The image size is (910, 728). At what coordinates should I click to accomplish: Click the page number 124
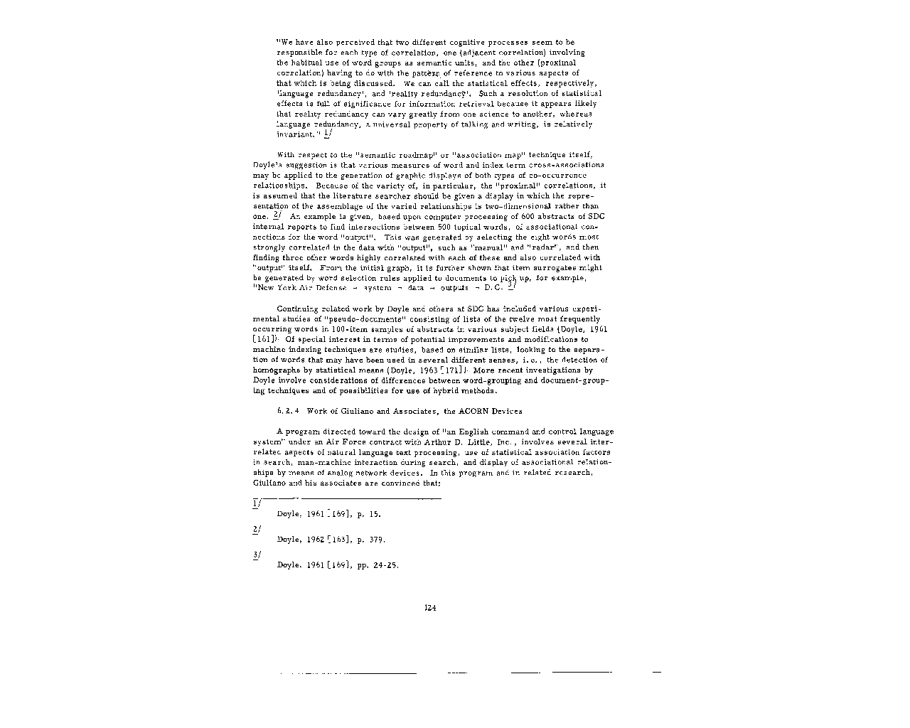[x=429, y=607]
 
